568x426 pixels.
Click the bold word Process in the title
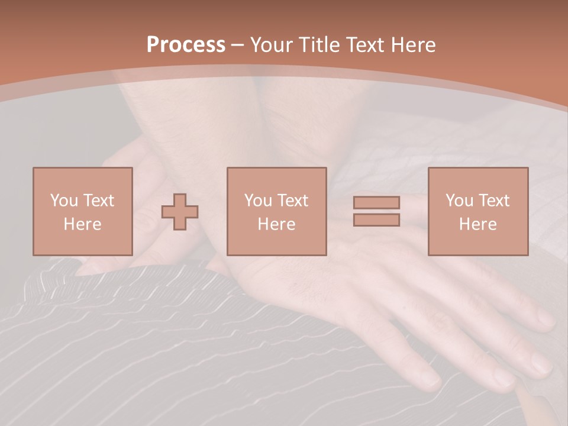[186, 45]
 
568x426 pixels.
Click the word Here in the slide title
[415, 45]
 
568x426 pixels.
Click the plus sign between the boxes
[180, 212]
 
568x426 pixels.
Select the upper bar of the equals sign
[376, 202]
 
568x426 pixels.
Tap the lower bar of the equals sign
[376, 220]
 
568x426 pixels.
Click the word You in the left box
[63, 201]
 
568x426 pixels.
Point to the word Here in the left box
[82, 224]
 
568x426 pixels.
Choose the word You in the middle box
[257, 201]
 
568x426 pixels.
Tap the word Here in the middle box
[276, 224]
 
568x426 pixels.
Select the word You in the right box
[459, 201]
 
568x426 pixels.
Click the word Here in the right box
[477, 224]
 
